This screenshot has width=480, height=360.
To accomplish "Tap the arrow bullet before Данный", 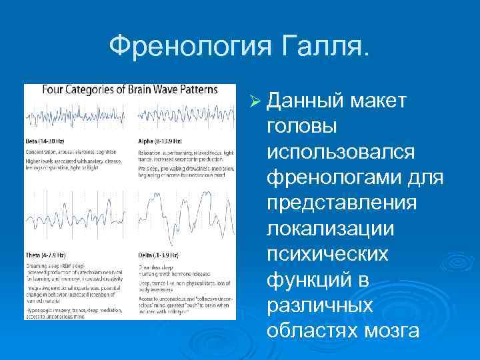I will [253, 101].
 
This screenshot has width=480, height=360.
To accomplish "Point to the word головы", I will [301, 126].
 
